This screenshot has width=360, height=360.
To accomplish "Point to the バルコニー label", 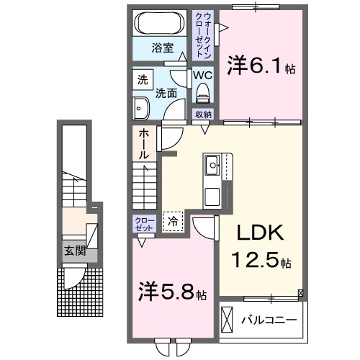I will tap(271, 318).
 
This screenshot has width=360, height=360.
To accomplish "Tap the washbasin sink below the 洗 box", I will tap(140, 109).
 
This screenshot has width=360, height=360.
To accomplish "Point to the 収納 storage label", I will tap(203, 114).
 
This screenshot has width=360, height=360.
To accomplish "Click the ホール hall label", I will tap(144, 143).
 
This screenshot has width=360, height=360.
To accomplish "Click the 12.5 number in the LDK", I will tap(254, 258).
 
